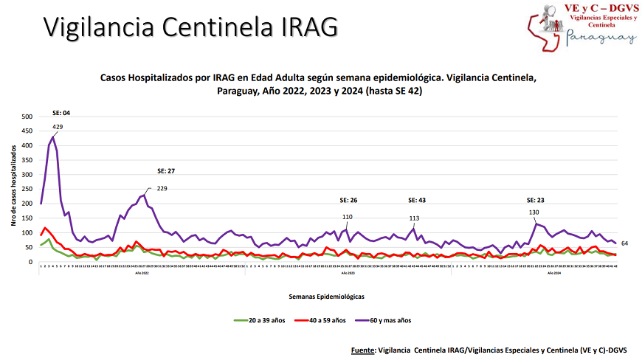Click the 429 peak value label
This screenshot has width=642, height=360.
58,128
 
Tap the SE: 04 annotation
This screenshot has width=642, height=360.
61,113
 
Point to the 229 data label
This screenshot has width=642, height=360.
162,188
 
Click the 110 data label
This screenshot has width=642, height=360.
348,217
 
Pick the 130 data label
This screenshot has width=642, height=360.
534,212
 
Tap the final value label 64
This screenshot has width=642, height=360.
624,243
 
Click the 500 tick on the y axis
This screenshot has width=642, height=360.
27,117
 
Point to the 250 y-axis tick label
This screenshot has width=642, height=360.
27,190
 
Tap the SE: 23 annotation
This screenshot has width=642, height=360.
536,200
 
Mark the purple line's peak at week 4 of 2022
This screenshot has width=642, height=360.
53,136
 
